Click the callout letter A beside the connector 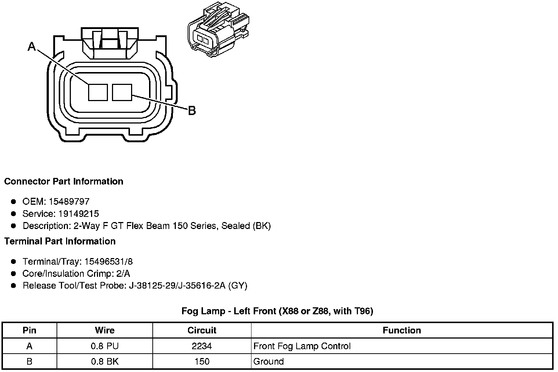coord(32,46)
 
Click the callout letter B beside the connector coord(192,110)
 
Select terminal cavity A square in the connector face coord(98,92)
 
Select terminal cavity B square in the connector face coord(122,92)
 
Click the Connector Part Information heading coord(64,182)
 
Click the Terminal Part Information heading coord(60,241)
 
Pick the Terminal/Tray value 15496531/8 coord(108,262)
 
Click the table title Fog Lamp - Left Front coord(277,311)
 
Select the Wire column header coord(105,330)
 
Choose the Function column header coord(402,330)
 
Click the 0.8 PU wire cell coord(105,346)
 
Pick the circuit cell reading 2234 coord(202,346)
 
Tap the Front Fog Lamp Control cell coord(302,346)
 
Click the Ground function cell coord(268,361)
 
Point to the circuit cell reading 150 coord(202,361)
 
